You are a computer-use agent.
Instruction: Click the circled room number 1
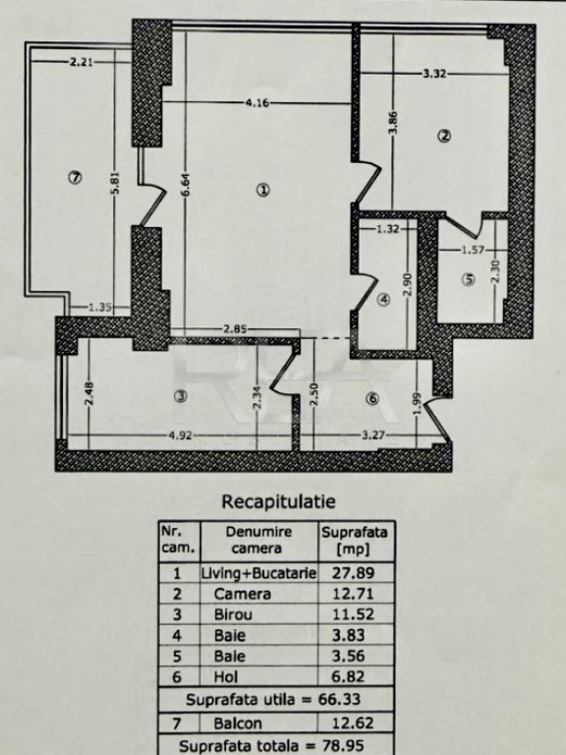pyautogui.click(x=262, y=190)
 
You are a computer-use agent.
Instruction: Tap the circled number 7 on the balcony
pyautogui.click(x=75, y=178)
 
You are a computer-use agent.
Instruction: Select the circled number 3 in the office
pyautogui.click(x=181, y=396)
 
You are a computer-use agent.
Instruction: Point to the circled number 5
pyautogui.click(x=469, y=279)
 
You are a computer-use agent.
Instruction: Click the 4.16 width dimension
pyautogui.click(x=257, y=102)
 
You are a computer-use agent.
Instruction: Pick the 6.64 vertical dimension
pyautogui.click(x=186, y=185)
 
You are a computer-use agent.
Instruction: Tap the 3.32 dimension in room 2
pyautogui.click(x=434, y=74)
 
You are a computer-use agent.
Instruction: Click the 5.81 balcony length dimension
pyautogui.click(x=115, y=184)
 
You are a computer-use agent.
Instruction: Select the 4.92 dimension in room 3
pyautogui.click(x=181, y=436)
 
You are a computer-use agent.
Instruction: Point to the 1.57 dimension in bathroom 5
pyautogui.click(x=473, y=250)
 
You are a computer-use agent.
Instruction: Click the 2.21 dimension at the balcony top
pyautogui.click(x=82, y=62)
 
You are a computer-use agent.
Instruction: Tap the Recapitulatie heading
pyautogui.click(x=278, y=501)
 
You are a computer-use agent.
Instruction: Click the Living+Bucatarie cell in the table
pyautogui.click(x=259, y=573)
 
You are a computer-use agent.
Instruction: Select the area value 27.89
pyautogui.click(x=354, y=573)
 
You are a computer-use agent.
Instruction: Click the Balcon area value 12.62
pyautogui.click(x=354, y=724)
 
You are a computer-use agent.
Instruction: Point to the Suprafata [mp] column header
pyautogui.click(x=355, y=541)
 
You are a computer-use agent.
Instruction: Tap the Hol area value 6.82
pyautogui.click(x=349, y=677)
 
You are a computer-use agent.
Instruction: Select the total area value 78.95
pyautogui.click(x=343, y=746)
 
